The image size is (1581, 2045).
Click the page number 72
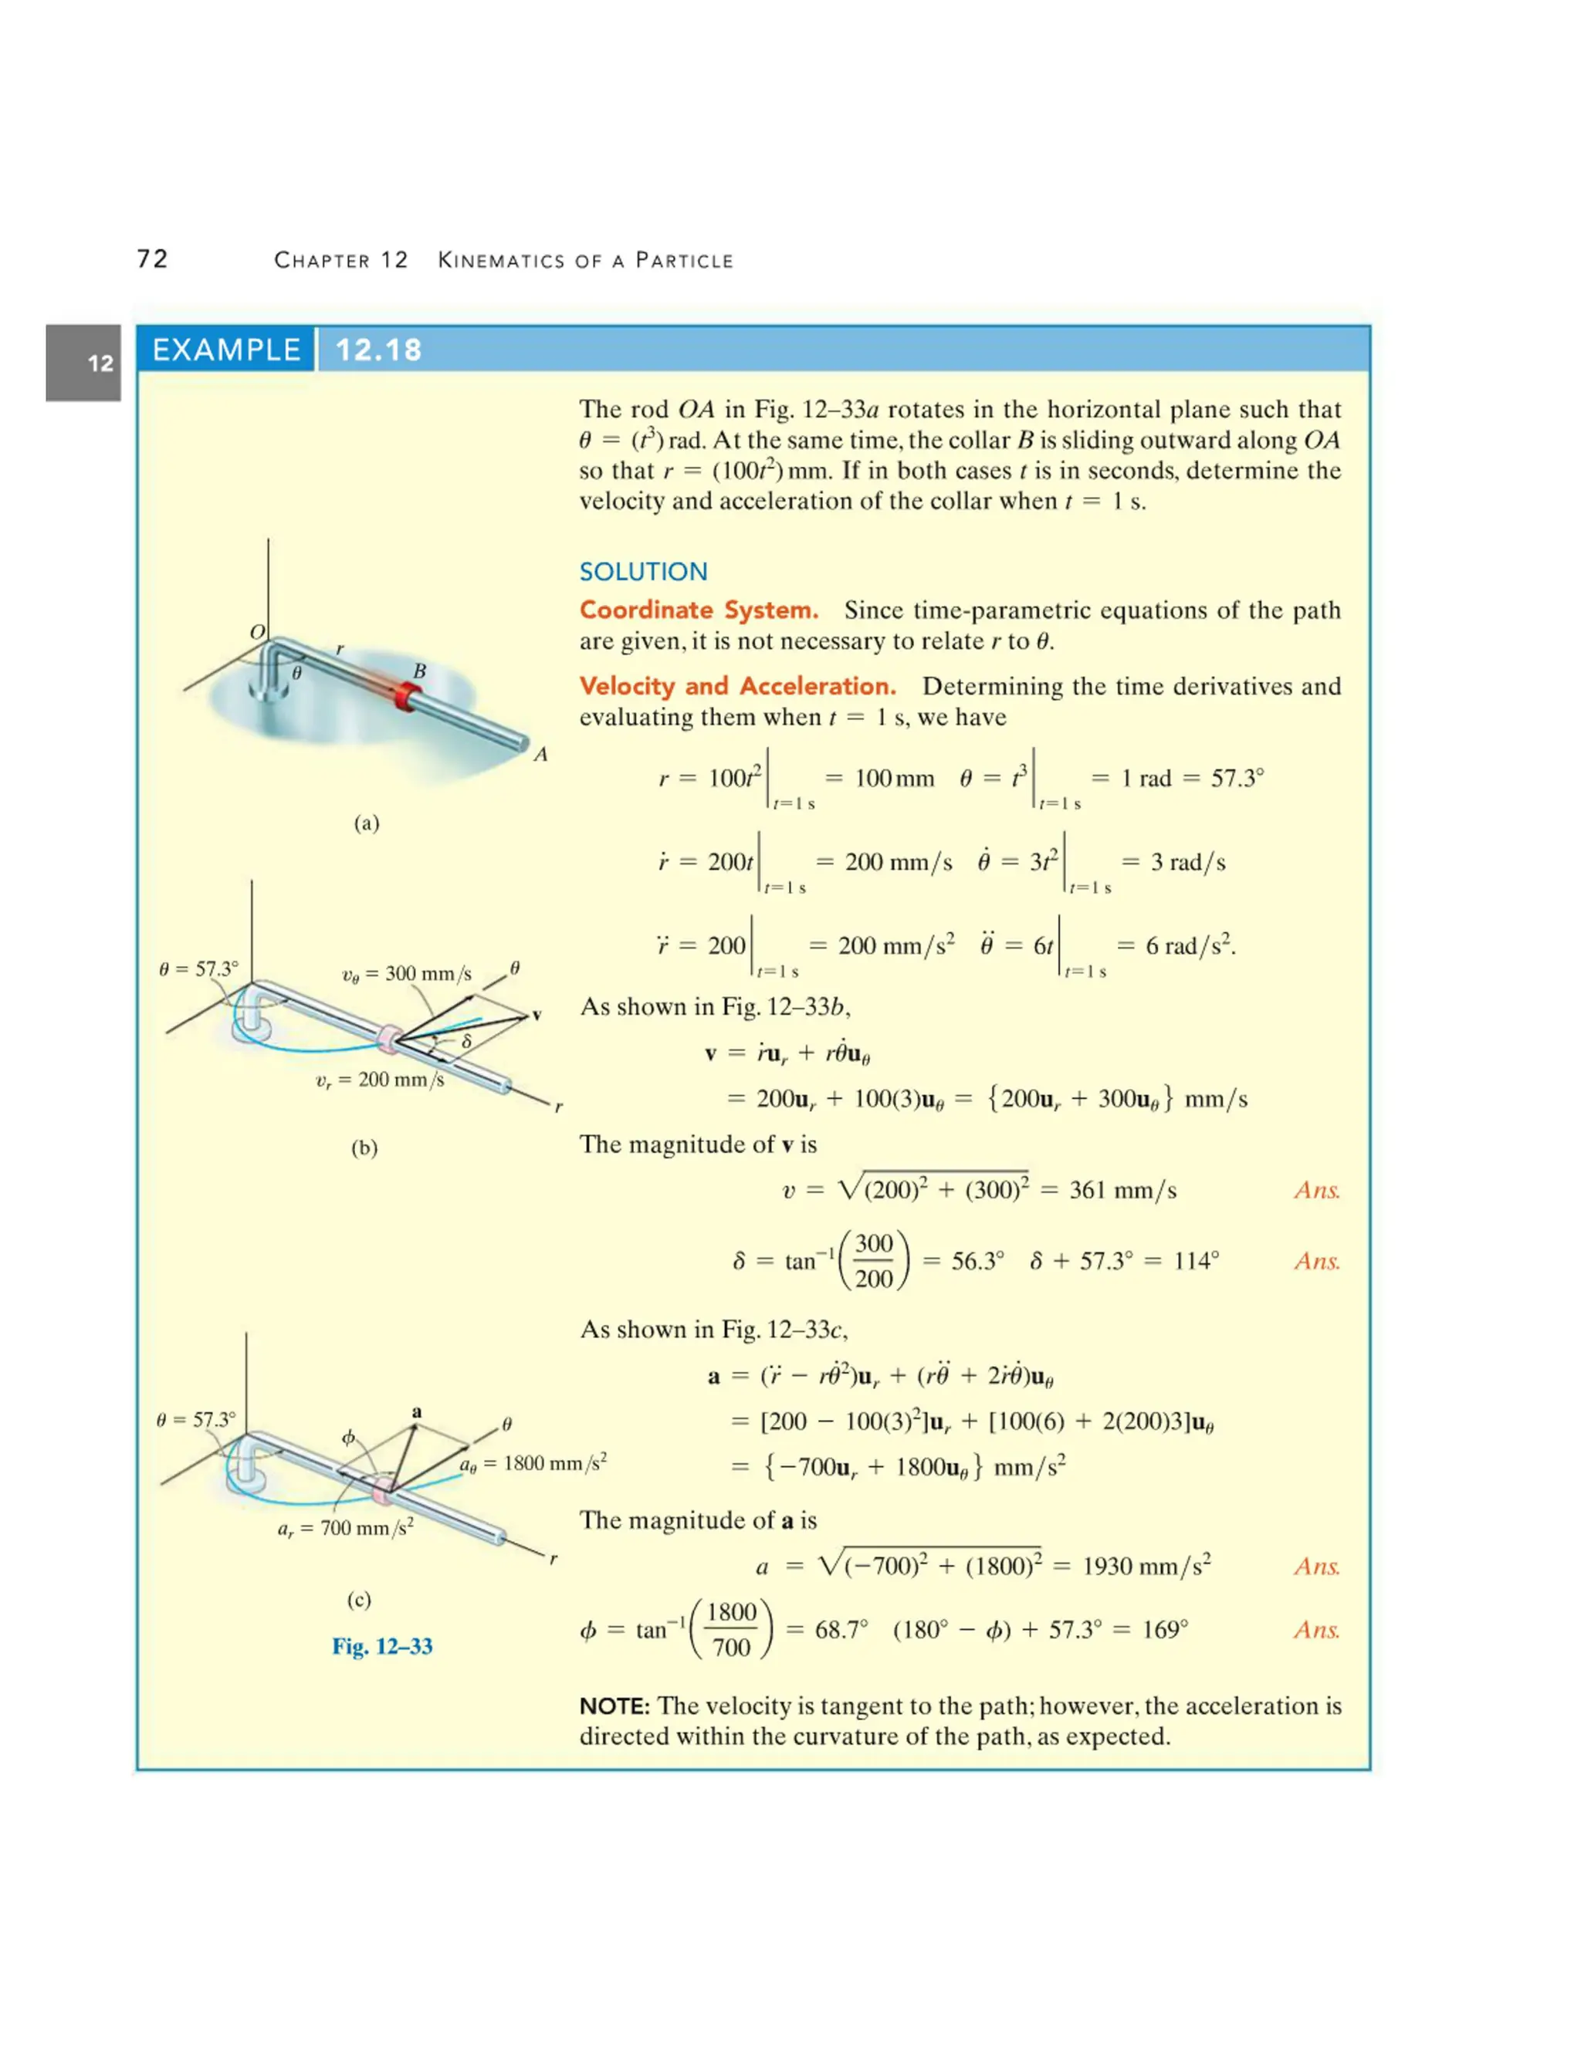[x=153, y=259]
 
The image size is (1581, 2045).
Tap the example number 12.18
[x=378, y=350]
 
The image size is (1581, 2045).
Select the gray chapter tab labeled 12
[x=83, y=363]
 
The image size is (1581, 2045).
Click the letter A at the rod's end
[x=540, y=755]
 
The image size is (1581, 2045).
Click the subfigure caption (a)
[x=366, y=823]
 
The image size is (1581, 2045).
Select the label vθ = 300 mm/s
[x=407, y=974]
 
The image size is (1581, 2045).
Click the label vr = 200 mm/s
[x=379, y=1080]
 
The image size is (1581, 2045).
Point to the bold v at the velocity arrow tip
[x=537, y=1015]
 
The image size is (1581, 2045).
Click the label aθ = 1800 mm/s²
[x=532, y=1462]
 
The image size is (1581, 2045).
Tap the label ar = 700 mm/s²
[x=344, y=1528]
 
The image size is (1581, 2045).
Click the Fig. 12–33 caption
[x=382, y=1646]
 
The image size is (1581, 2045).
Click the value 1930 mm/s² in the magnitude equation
[x=1146, y=1566]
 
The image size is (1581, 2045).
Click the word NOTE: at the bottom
[x=614, y=1706]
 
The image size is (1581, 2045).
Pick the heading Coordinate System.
[x=698, y=610]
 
